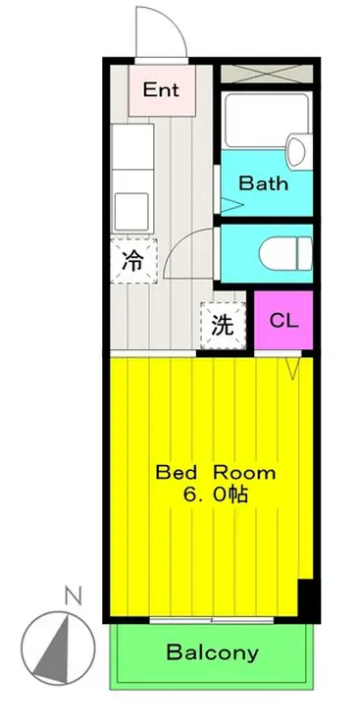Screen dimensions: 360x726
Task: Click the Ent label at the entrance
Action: pyautogui.click(x=161, y=89)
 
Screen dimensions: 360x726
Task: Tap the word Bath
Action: pyautogui.click(x=263, y=183)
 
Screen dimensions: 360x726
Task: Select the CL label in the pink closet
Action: pyautogui.click(x=283, y=321)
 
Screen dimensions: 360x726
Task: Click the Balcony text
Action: pyautogui.click(x=213, y=652)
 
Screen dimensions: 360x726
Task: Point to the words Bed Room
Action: pyautogui.click(x=216, y=473)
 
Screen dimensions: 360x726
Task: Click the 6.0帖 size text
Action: pyautogui.click(x=216, y=495)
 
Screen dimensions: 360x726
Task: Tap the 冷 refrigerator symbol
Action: pyautogui.click(x=133, y=261)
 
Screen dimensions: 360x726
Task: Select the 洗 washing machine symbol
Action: pyautogui.click(x=223, y=325)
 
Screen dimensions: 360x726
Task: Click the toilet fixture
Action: pyautogui.click(x=285, y=253)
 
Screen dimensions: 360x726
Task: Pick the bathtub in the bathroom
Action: pyautogui.click(x=266, y=121)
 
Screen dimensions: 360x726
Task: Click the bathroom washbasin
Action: pyautogui.click(x=295, y=150)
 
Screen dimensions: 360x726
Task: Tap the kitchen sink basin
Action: pyautogui.click(x=131, y=211)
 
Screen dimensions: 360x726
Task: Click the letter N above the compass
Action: pyautogui.click(x=74, y=596)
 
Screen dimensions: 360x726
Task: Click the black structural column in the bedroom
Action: pyautogui.click(x=308, y=598)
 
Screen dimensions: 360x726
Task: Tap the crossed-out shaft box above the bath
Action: pyautogui.click(x=267, y=75)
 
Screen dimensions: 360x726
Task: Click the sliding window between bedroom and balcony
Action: pyautogui.click(x=212, y=619)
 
